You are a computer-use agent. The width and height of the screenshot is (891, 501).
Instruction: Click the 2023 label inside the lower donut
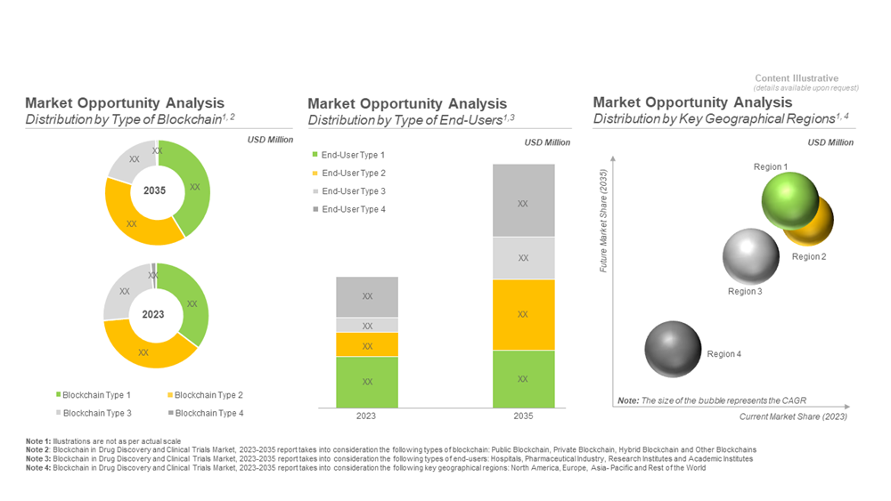(153, 314)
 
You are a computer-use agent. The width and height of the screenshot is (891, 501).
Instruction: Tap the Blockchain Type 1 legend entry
(94, 395)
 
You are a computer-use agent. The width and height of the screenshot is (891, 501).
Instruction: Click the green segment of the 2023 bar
(367, 382)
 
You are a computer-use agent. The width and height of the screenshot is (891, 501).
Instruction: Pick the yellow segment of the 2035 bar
(523, 314)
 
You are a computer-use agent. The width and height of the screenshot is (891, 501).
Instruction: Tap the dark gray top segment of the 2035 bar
(523, 201)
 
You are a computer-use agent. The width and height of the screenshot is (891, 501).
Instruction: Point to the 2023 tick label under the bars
(366, 416)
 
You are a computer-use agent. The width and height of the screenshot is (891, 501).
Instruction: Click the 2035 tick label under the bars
(523, 416)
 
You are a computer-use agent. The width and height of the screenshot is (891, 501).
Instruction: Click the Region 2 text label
(809, 257)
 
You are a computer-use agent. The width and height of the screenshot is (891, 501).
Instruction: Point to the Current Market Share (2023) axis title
(793, 416)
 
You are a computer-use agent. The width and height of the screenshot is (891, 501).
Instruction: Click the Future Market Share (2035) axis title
(603, 221)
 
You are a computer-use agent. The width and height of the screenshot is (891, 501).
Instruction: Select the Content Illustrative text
(797, 79)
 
